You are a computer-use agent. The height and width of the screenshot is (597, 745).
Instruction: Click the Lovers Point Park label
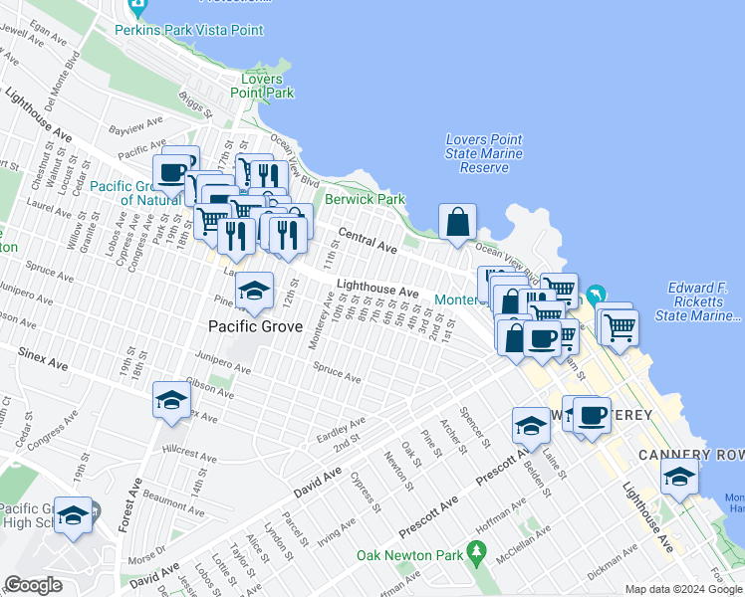[x=268, y=86]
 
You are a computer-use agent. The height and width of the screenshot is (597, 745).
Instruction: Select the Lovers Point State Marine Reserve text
[x=484, y=154]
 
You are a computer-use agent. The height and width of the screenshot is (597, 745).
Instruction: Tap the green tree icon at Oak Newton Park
[x=478, y=550]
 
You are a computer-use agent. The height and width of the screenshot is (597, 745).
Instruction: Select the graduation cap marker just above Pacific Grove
[x=256, y=291]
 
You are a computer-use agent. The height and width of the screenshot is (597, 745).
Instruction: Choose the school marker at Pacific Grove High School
[x=73, y=515]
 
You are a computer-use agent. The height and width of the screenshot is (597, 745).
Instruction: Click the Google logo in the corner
[x=33, y=584]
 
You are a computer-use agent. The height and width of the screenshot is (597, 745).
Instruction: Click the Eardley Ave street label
[x=341, y=428]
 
